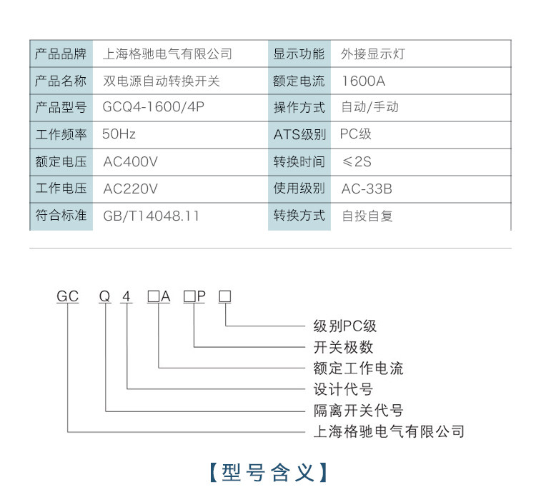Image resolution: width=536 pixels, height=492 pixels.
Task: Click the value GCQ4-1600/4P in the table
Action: click(153, 107)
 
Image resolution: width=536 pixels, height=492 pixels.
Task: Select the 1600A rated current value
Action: click(363, 81)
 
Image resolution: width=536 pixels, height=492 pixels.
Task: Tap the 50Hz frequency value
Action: click(119, 134)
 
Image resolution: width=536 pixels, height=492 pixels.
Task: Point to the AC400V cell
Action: click(130, 161)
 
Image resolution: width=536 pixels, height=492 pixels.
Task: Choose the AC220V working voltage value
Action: click(130, 189)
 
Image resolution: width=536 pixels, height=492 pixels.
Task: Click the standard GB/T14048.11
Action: click(151, 216)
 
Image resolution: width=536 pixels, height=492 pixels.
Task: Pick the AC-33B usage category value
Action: click(367, 189)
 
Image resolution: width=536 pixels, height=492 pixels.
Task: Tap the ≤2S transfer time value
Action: click(357, 161)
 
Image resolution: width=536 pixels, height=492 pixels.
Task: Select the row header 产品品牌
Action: click(61, 54)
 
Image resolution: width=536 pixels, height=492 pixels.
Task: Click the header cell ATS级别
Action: click(299, 134)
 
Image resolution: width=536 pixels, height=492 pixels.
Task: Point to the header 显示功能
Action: click(299, 54)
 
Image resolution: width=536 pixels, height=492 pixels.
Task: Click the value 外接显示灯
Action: click(373, 54)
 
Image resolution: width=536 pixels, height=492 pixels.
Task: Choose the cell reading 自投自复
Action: click(367, 216)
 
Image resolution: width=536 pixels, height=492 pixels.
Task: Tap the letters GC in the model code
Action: click(68, 296)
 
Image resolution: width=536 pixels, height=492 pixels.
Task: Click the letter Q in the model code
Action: click(104, 296)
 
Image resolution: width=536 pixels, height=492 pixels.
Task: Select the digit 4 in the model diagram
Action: click(126, 296)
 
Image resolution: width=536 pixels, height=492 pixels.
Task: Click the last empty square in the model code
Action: click(225, 296)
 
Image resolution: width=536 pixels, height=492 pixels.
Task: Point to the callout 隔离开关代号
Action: click(358, 411)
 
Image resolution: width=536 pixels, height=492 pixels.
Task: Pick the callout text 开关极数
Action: click(343, 347)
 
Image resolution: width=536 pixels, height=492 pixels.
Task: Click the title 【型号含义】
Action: click(268, 473)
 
